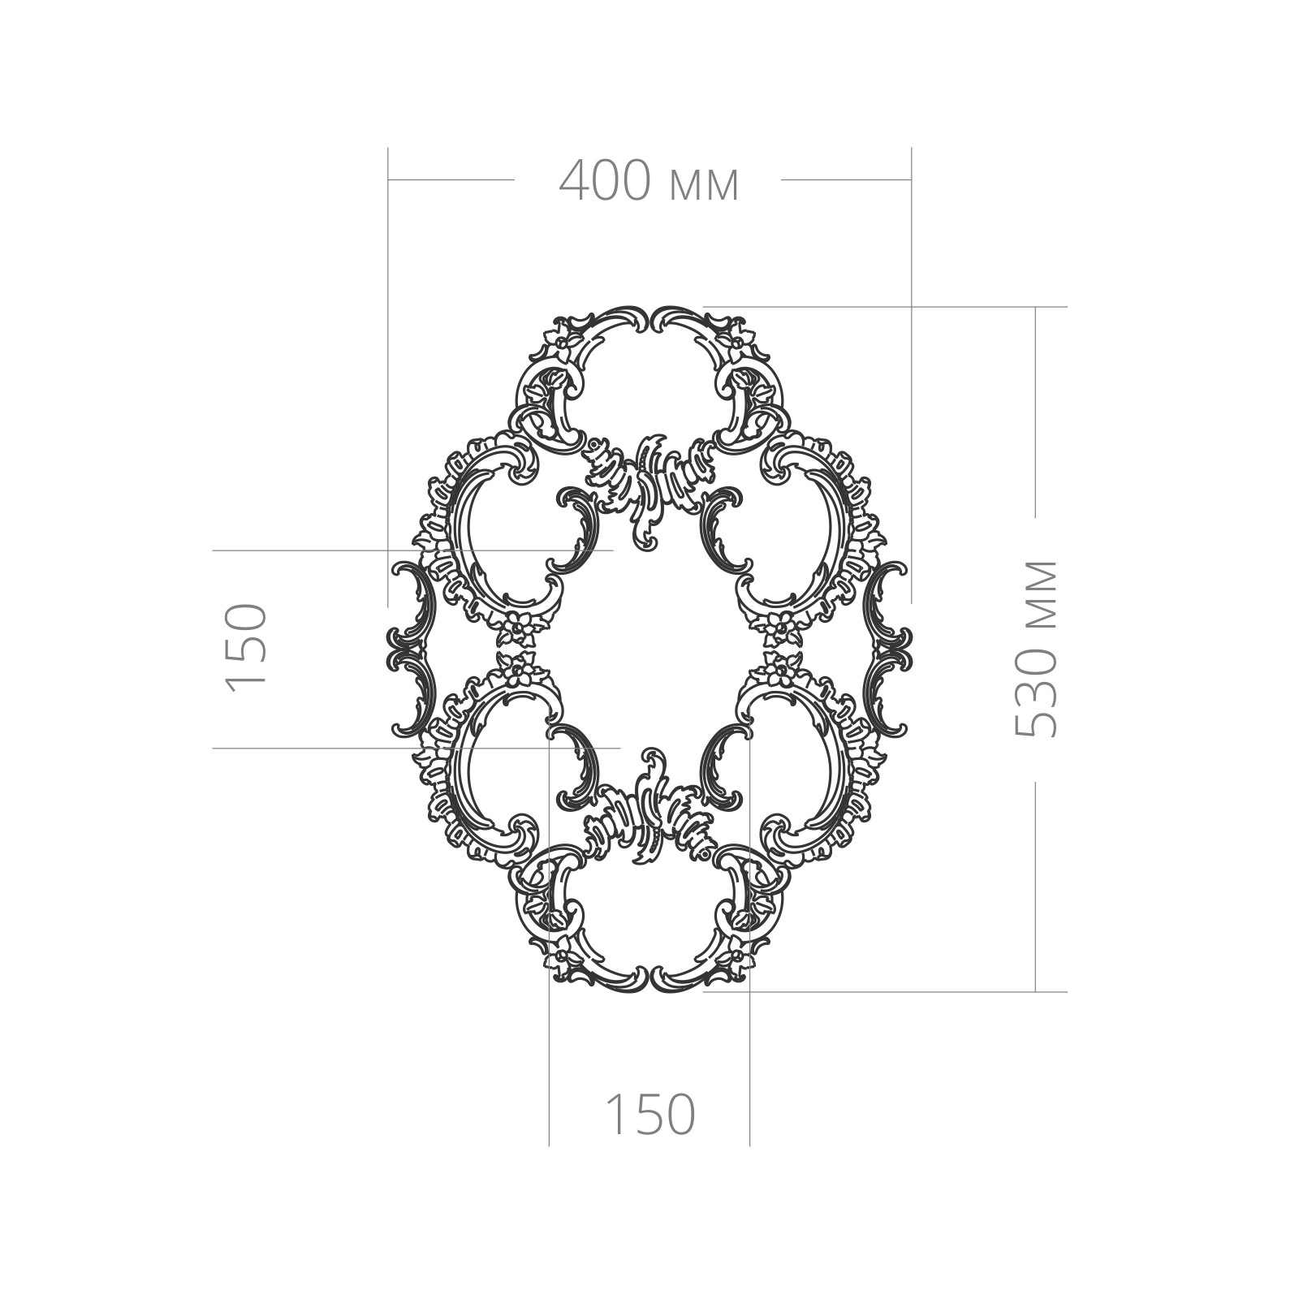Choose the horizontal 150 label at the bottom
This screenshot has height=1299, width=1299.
pyautogui.click(x=650, y=1114)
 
